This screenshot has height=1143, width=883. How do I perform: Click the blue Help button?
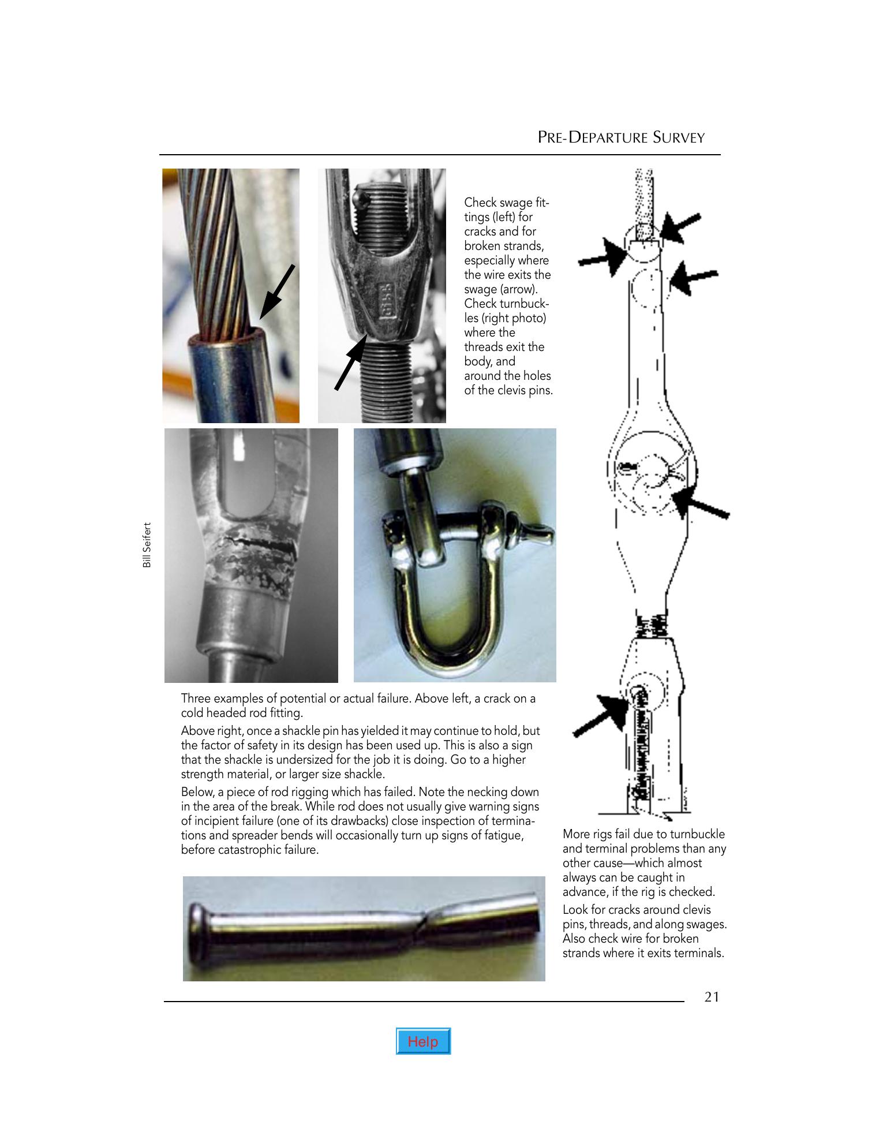pyautogui.click(x=423, y=1041)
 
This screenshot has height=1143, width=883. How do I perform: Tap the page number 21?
pyautogui.click(x=712, y=997)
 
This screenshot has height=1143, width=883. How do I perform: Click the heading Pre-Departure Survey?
pyautogui.click(x=621, y=137)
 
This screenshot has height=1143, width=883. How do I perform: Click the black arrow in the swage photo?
pyautogui.click(x=276, y=293)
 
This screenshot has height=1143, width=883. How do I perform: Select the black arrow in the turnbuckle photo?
pyautogui.click(x=351, y=363)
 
